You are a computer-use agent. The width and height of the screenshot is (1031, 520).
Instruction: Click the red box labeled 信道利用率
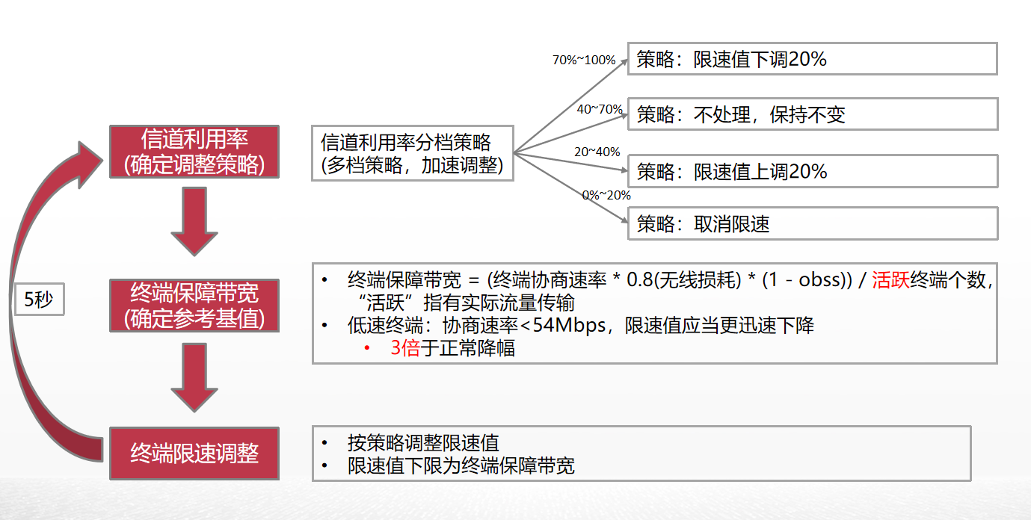tap(194, 152)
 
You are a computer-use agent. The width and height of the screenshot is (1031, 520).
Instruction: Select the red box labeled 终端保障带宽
tap(194, 305)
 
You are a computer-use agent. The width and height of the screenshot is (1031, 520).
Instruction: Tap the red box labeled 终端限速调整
tap(194, 454)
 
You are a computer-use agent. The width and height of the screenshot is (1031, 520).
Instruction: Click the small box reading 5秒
tap(39, 300)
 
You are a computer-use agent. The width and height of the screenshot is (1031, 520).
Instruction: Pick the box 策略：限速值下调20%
tap(812, 59)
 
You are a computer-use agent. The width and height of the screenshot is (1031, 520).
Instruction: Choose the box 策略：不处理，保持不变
tap(812, 115)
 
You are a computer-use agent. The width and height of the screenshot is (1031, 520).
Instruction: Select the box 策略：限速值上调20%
tap(812, 171)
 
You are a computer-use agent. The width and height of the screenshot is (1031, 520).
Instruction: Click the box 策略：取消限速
tap(812, 223)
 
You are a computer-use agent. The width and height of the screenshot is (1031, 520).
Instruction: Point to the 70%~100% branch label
tap(583, 61)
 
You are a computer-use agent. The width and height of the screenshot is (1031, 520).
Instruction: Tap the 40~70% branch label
tap(600, 110)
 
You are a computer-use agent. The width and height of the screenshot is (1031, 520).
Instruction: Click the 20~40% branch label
tap(597, 152)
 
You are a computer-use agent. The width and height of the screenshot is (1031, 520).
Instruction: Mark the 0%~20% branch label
tap(606, 195)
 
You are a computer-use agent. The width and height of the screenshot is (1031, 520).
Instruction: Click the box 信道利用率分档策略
tap(413, 152)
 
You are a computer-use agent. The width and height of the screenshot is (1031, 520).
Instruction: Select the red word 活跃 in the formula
tap(890, 281)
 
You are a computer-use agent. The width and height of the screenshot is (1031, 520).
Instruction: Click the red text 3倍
tap(405, 347)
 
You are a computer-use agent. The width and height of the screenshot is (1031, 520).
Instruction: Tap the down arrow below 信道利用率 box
tap(194, 221)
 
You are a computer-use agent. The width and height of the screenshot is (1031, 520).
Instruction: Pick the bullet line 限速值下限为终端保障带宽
tap(461, 466)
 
